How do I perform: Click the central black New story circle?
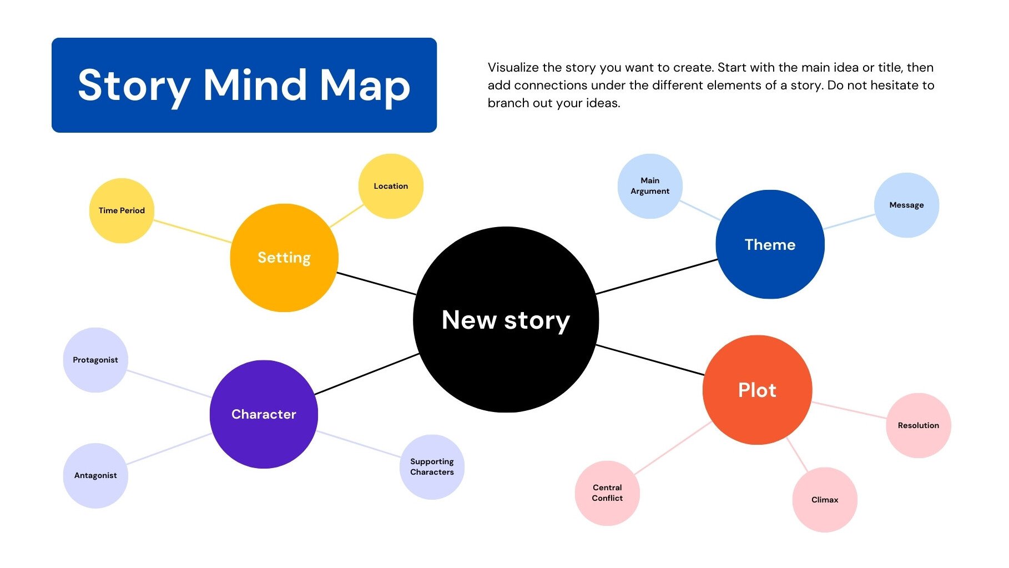pos(506,319)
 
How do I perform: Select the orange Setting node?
pos(284,258)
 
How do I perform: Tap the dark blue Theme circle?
pos(770,244)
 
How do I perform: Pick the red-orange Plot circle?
pos(757,390)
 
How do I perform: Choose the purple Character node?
pos(264,414)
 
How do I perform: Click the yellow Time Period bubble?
pos(122,210)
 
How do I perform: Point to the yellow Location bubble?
pos(391,186)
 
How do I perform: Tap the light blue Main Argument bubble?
pos(650,186)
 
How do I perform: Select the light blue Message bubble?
pos(906,205)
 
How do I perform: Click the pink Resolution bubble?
pos(919,425)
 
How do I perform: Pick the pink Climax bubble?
pos(825,500)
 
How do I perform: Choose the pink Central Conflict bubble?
pos(607,493)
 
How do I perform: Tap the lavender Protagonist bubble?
pos(95,360)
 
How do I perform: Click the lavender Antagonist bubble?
pos(95,475)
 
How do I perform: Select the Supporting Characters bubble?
pos(432,467)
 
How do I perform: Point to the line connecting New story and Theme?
pos(656,277)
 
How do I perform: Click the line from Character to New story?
pos(366,374)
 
